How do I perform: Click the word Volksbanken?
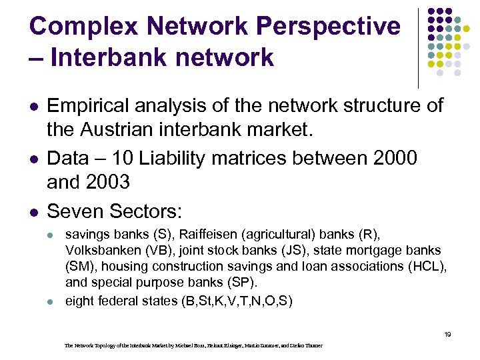tap(100, 251)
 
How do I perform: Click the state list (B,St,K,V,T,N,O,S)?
tap(237, 300)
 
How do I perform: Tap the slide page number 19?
tap(447, 334)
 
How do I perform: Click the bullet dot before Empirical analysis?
tap(34, 106)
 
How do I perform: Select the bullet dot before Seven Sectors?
tap(34, 212)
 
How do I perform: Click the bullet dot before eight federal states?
tap(53, 301)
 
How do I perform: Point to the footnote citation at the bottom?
tap(193, 345)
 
